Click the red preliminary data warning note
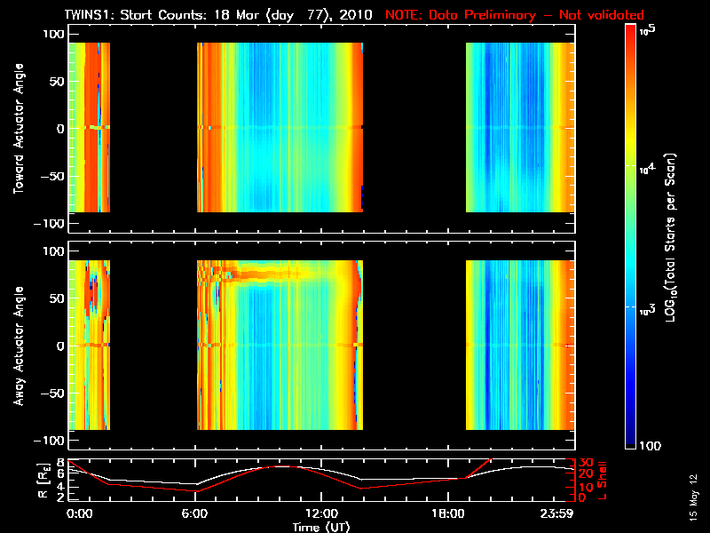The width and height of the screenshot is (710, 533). [x=515, y=15]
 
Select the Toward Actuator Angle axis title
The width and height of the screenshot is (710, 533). [x=19, y=129]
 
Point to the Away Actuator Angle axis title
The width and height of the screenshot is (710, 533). [x=19, y=346]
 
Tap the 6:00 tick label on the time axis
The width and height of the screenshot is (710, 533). [x=194, y=514]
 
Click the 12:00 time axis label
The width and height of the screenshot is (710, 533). [x=321, y=514]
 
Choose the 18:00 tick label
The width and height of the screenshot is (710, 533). [x=448, y=514]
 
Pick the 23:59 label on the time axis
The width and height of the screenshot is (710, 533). [x=556, y=514]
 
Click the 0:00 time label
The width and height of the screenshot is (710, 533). [x=79, y=514]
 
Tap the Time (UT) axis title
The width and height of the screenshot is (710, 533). [x=321, y=527]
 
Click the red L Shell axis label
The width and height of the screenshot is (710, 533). [x=602, y=481]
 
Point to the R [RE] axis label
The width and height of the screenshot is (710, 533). [x=43, y=481]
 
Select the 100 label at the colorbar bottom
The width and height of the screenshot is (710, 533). [x=650, y=446]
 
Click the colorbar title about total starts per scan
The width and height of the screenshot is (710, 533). [x=670, y=237]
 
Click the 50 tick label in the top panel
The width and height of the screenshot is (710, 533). [x=57, y=82]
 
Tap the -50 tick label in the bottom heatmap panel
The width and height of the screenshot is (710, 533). [x=52, y=394]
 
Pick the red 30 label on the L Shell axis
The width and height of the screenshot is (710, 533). [x=587, y=463]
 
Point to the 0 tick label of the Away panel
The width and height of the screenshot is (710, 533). [x=60, y=346]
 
